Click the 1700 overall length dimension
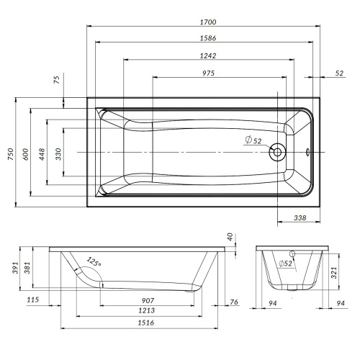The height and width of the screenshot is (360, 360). [x=208, y=22]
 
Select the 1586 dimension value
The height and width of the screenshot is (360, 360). [x=208, y=38]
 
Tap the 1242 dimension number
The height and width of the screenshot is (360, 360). [x=208, y=55]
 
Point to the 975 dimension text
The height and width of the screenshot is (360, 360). [x=208, y=73]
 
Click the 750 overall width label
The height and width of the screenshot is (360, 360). [x=11, y=154]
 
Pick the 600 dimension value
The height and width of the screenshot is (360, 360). [x=25, y=154]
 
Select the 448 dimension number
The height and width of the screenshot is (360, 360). [x=42, y=154]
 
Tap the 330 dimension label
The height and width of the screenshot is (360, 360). [x=58, y=154]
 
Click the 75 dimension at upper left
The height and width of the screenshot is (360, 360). [x=57, y=80]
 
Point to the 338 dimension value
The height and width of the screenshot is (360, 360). [x=300, y=217]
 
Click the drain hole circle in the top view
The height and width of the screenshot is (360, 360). [x=277, y=152]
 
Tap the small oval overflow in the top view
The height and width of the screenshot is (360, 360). [x=307, y=152]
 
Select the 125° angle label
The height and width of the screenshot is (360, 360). [x=94, y=261]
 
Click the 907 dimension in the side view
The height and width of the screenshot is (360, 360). [x=148, y=300]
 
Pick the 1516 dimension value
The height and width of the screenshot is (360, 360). [x=145, y=323]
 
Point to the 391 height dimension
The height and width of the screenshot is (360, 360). [x=15, y=268]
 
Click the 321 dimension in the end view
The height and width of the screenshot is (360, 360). [x=334, y=273]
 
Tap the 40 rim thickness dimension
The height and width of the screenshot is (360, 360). [x=230, y=237]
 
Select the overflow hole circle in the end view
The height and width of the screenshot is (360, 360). [x=292, y=253]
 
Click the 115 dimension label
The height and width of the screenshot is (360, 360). [x=32, y=300]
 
